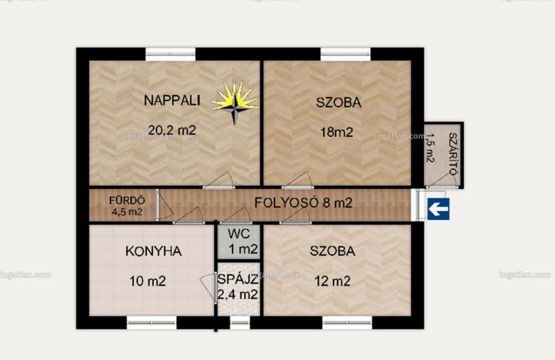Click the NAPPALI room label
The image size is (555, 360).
point(171,101)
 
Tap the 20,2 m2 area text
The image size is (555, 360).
point(172,130)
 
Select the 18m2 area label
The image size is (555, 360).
point(336,132)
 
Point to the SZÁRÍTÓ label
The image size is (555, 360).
point(452,153)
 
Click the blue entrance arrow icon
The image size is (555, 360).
point(438,209)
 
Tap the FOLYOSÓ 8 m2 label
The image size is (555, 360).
point(303,203)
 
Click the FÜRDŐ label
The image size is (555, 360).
point(127,200)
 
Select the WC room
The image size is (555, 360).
point(239,243)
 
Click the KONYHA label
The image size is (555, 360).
point(153,251)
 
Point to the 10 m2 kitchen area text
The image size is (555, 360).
point(148,282)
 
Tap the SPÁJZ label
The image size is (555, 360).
point(237,280)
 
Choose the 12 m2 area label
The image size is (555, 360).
point(332,282)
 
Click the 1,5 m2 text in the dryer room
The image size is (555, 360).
point(430,148)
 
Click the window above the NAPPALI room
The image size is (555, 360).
point(171,54)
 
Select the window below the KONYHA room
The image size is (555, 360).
point(151,323)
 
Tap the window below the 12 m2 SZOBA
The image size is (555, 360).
point(348,323)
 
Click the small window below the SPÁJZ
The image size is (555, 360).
point(240,323)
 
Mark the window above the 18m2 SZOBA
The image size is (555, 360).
point(345,54)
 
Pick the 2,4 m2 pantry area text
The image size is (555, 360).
point(237,294)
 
